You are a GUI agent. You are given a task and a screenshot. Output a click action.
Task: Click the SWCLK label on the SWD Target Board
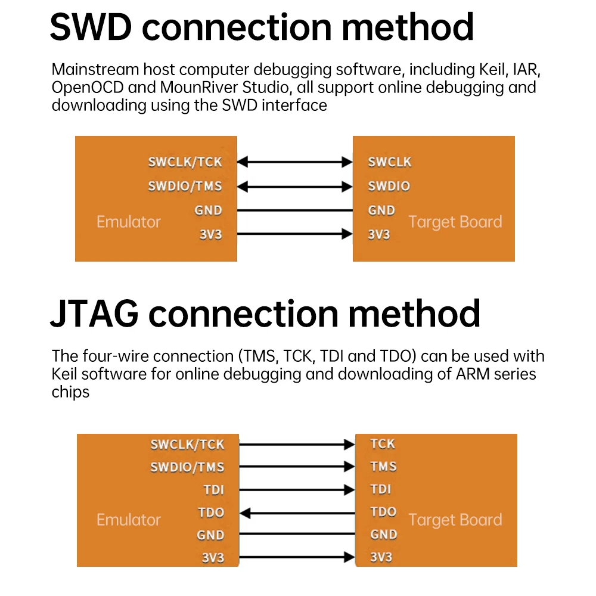pyautogui.click(x=389, y=162)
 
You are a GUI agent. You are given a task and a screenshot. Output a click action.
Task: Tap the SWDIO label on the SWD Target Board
pyautogui.click(x=389, y=186)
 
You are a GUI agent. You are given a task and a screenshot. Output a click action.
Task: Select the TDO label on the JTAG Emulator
pyautogui.click(x=210, y=512)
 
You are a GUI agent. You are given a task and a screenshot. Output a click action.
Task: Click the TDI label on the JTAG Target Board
pyautogui.click(x=380, y=489)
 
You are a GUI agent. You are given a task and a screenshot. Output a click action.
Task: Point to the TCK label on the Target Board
pyautogui.click(x=382, y=443)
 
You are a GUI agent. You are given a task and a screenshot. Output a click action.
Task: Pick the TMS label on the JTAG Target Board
pyautogui.click(x=383, y=466)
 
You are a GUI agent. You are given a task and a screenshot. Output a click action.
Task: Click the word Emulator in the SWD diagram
pyautogui.click(x=129, y=222)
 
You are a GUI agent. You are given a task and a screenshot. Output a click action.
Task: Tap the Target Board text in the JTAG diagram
pyautogui.click(x=455, y=520)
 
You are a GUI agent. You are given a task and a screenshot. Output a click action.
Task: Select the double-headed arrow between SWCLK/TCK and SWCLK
pyautogui.click(x=295, y=162)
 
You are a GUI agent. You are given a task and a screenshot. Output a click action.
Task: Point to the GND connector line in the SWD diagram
pyautogui.click(x=295, y=210)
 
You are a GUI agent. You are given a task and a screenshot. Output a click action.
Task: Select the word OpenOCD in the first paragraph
pyautogui.click(x=87, y=88)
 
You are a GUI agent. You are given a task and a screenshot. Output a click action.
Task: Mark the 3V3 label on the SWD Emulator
pyautogui.click(x=210, y=234)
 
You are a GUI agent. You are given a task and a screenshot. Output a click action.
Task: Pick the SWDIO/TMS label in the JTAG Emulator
pyautogui.click(x=187, y=467)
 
